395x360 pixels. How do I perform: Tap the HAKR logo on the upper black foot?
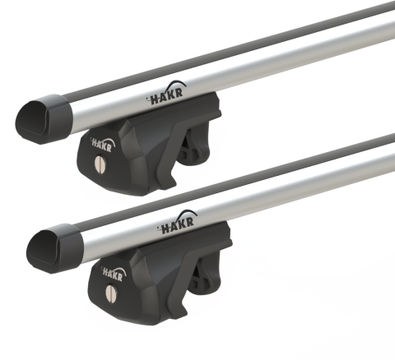[x=103, y=145]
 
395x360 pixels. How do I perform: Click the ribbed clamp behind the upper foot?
[x=193, y=150]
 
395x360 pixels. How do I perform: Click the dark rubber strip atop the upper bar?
[x=247, y=49]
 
